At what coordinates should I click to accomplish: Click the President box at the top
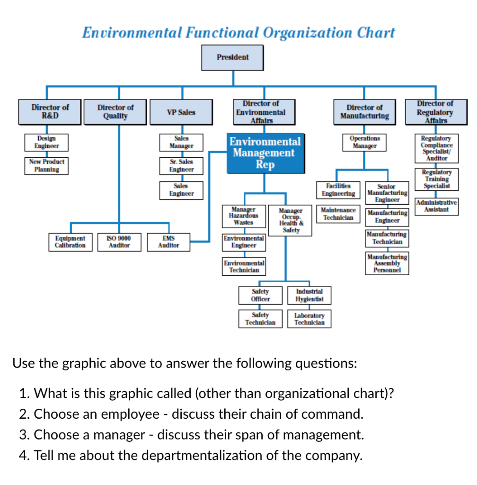[x=232, y=57]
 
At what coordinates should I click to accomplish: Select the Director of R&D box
[x=50, y=112]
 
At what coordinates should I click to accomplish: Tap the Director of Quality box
[x=115, y=112]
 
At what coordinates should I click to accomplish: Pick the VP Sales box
[x=181, y=112]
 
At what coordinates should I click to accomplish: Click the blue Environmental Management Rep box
[x=265, y=153]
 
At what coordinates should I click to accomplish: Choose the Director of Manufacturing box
[x=364, y=112]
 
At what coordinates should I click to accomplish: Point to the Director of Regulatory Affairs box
[x=434, y=112]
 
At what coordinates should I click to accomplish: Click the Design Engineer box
[x=46, y=142]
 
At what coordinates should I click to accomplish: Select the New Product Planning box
[x=46, y=165]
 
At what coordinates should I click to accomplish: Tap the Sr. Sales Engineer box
[x=181, y=165]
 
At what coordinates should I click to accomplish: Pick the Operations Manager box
[x=364, y=142]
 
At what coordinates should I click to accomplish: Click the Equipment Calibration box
[x=70, y=242]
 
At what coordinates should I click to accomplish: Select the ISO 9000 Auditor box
[x=119, y=242]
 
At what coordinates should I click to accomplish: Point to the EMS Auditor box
[x=168, y=242]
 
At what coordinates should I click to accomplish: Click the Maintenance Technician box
[x=338, y=214]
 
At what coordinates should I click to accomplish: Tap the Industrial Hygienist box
[x=309, y=295]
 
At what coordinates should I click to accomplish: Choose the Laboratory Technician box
[x=309, y=319]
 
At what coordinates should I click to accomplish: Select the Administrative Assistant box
[x=436, y=206]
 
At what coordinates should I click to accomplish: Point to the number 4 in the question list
[x=25, y=456]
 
